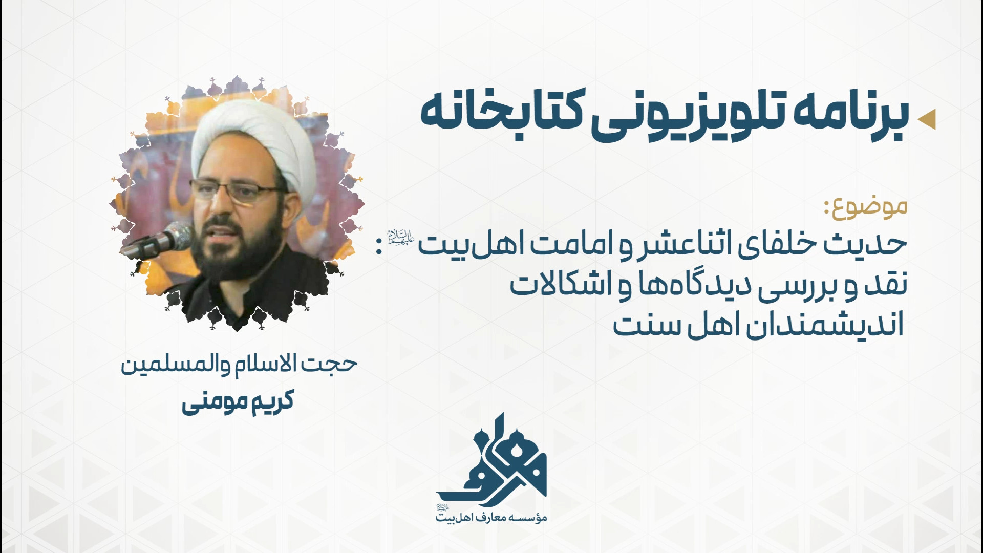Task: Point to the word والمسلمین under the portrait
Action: click(174, 365)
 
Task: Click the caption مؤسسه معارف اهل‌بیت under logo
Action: click(492, 518)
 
